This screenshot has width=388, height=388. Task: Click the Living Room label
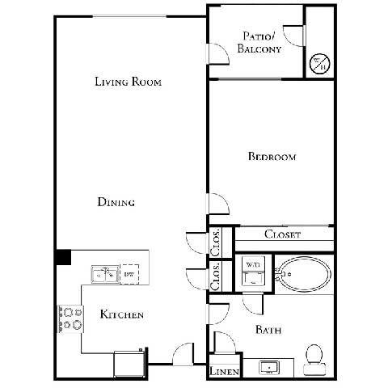click(129, 82)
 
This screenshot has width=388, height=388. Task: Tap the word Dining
click(116, 202)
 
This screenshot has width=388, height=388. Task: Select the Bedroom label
click(272, 157)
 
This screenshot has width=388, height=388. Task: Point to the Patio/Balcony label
click(259, 42)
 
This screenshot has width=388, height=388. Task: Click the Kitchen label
click(122, 314)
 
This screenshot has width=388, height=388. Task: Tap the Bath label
click(268, 329)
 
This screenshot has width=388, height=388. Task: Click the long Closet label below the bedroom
click(283, 235)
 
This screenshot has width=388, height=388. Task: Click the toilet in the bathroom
click(314, 359)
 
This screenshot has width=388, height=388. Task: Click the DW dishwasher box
click(129, 275)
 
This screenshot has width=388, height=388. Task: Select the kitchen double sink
click(103, 275)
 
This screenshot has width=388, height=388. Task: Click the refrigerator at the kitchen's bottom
click(129, 363)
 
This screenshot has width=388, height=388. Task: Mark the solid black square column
click(63, 256)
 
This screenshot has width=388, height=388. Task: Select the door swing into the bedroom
click(217, 204)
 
